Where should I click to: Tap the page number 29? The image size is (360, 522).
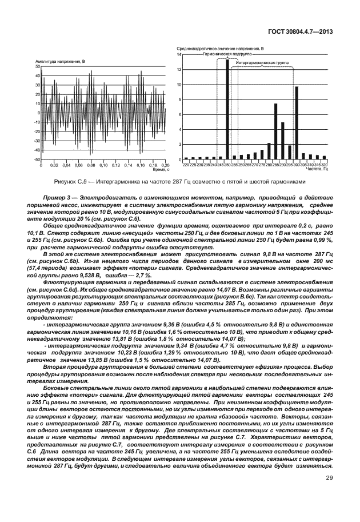tap(329, 495)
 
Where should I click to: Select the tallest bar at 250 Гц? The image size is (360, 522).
tap(227, 109)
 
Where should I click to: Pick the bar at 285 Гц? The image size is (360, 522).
tap(275, 132)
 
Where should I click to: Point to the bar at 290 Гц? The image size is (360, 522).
tap(282, 141)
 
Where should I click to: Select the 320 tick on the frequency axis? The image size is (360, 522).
tap(324, 165)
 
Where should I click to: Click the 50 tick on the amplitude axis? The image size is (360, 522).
tap(38, 67)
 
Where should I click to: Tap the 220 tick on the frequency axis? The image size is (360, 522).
tap(186, 165)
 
